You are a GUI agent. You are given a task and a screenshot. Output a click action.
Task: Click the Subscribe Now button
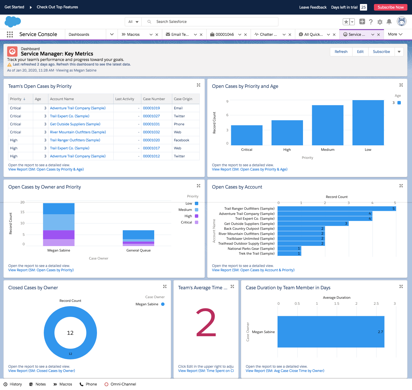(x=390, y=7)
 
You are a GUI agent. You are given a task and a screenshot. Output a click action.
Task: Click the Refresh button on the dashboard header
(x=341, y=52)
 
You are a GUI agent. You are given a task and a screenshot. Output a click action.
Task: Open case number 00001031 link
(x=151, y=124)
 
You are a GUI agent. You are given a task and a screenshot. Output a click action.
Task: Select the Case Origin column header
(x=183, y=99)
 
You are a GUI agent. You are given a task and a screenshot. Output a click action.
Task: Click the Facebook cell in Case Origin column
(x=182, y=140)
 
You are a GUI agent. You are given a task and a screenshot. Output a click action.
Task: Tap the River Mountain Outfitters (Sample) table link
(x=78, y=132)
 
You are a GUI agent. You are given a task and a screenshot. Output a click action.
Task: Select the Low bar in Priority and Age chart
(x=368, y=123)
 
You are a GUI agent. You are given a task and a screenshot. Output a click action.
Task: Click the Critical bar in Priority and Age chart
(x=247, y=135)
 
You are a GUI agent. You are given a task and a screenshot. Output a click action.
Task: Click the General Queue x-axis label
(x=138, y=250)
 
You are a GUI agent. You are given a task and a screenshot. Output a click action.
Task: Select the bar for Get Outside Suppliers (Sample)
(x=313, y=224)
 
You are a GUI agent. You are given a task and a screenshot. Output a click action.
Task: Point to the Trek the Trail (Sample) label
(x=257, y=254)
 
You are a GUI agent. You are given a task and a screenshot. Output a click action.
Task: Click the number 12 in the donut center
(x=70, y=333)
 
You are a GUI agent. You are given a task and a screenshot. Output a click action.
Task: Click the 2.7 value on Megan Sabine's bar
(x=380, y=332)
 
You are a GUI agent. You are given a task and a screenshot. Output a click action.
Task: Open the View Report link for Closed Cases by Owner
(x=42, y=371)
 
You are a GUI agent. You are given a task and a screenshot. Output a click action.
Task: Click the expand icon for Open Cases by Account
(x=401, y=186)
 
